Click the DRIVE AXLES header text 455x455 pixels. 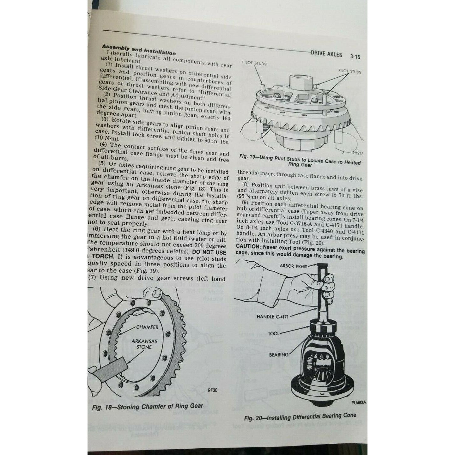point(326,54)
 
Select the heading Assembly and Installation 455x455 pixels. point(138,49)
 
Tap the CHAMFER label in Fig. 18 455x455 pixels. point(147,327)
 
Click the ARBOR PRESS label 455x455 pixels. point(293,266)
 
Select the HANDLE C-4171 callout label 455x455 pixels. point(272,316)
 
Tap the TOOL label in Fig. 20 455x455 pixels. point(274,333)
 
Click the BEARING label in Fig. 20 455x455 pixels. point(279,355)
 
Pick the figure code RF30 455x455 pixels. point(213,390)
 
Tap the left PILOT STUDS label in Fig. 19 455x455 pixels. point(254,63)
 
